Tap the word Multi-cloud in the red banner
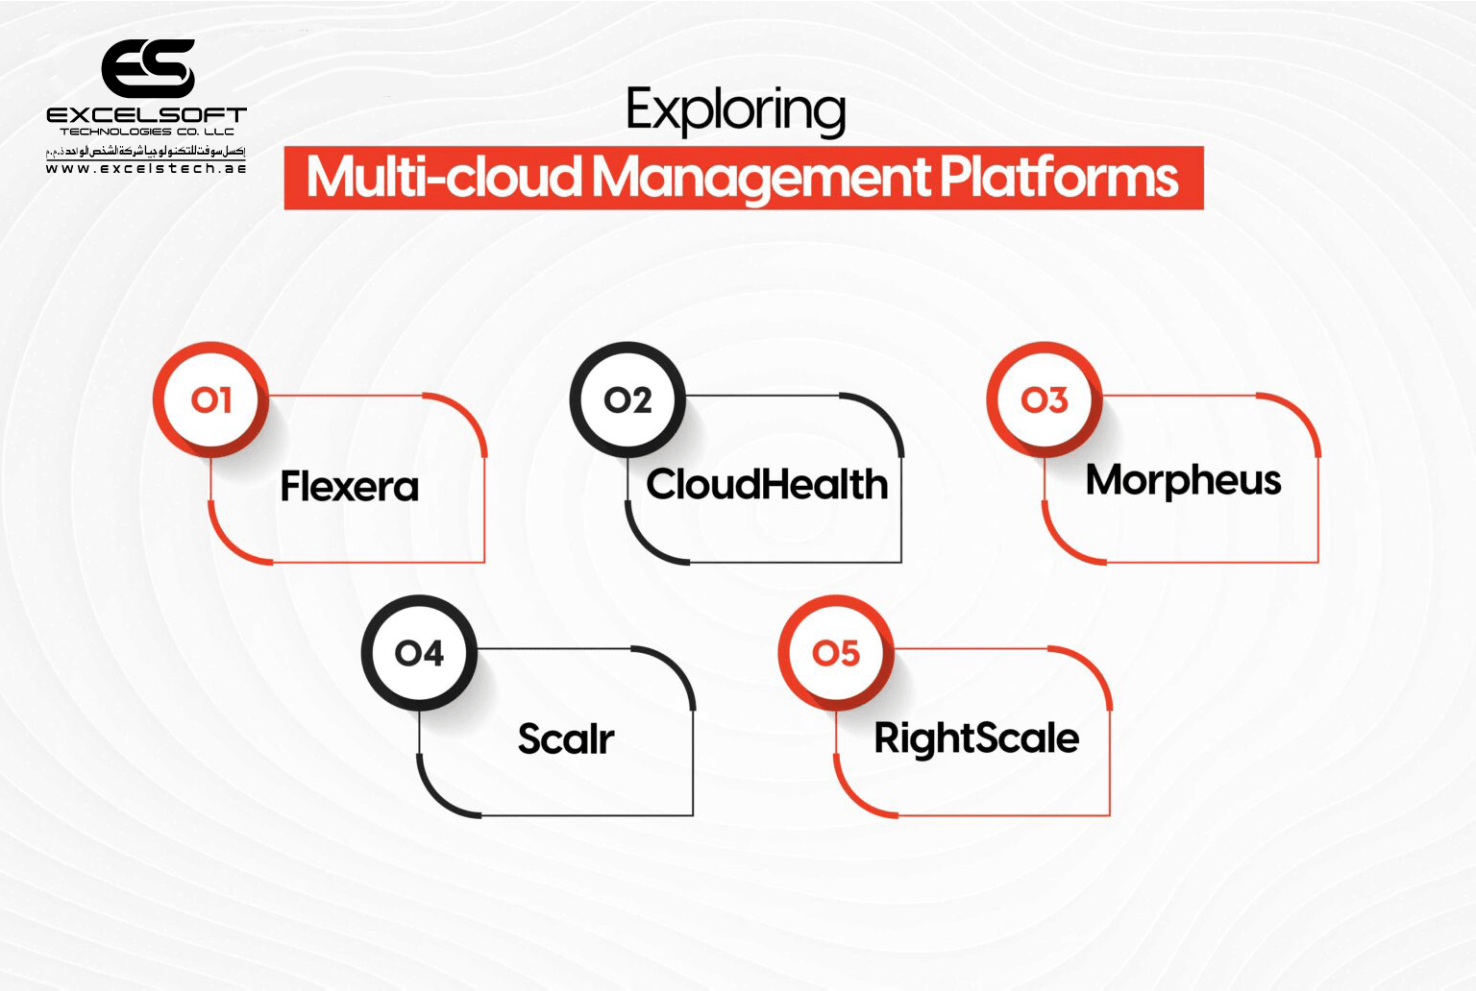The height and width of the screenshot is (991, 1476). coord(444,178)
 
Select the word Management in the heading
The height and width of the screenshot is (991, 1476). coord(761,178)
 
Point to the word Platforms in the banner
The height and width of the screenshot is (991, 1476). coord(1058,178)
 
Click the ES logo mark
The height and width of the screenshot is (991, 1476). coord(148,68)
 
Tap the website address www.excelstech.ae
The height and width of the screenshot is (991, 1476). coord(146,168)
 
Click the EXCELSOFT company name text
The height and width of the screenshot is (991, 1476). coord(146,115)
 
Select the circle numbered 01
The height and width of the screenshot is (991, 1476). coord(210,399)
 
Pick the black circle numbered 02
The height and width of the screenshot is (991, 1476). coord(627,399)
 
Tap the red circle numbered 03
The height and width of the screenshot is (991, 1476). coord(1045,399)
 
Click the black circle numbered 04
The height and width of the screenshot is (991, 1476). coord(419,653)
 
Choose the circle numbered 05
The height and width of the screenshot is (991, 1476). coord(836,653)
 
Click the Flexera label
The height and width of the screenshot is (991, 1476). coord(350,487)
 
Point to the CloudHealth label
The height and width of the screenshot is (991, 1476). coord(767,484)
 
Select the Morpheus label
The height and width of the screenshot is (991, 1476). coord(1183,480)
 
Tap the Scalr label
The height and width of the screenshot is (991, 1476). coord(566,738)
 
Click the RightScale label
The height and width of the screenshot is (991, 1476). coord(976,738)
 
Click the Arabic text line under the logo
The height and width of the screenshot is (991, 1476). coord(146,151)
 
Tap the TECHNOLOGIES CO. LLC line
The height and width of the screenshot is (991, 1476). coord(146,132)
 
